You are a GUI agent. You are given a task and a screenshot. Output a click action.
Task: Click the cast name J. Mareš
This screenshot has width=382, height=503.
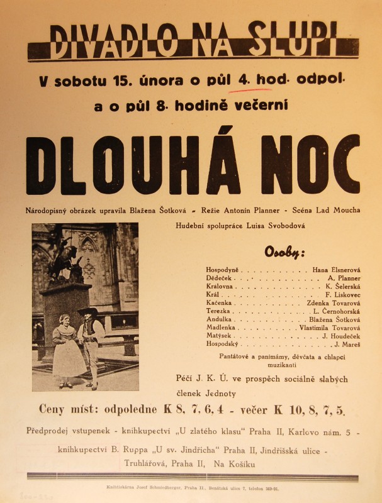click(x=347, y=345)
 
